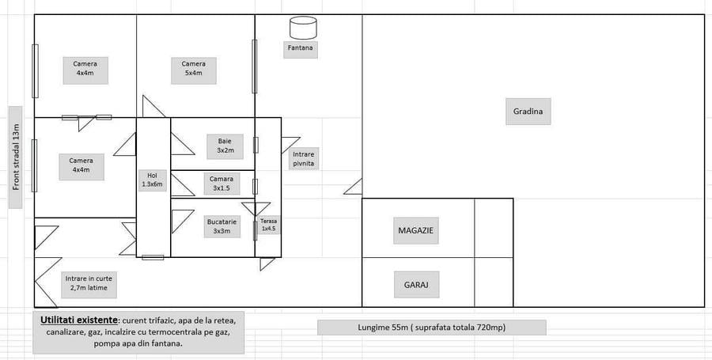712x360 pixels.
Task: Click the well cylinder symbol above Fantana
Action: tap(303, 28)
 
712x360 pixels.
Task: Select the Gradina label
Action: tap(528, 112)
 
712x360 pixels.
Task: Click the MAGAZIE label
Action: tap(416, 230)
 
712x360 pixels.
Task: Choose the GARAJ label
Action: tap(416, 285)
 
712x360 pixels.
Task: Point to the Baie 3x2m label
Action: tap(225, 146)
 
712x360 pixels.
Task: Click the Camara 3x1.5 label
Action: tap(222, 183)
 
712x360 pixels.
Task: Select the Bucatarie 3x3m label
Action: tap(222, 226)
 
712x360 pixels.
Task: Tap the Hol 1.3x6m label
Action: tap(153, 180)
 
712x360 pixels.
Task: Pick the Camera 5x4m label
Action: tap(194, 69)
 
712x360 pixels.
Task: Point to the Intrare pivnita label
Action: tap(304, 158)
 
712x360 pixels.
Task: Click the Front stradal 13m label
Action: tap(16, 157)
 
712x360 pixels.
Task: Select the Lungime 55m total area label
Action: tap(431, 328)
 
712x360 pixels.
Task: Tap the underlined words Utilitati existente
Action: tap(79, 320)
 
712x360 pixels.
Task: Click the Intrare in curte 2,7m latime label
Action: tap(89, 283)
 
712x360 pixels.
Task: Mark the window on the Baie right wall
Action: tap(256, 145)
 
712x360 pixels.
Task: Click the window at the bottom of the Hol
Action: tap(153, 257)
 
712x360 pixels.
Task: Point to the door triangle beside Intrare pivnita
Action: tap(290, 144)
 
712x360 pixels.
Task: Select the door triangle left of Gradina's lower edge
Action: tap(353, 187)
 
